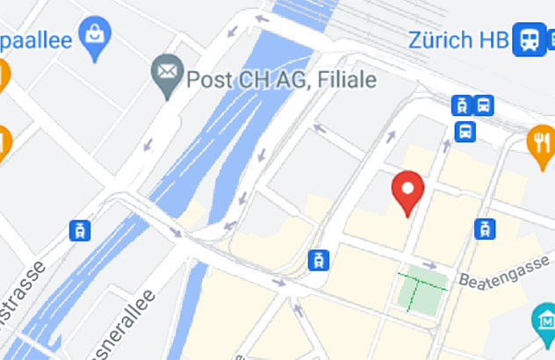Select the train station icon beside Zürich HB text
click(x=529, y=39)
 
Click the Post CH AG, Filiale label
click(x=281, y=80)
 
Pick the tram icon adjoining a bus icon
click(x=460, y=105)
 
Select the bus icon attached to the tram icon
click(x=483, y=105)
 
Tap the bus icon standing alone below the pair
click(x=465, y=132)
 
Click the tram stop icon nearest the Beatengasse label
click(x=484, y=229)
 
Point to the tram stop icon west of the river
click(x=80, y=231)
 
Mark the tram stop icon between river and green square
click(x=317, y=259)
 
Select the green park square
click(x=422, y=291)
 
